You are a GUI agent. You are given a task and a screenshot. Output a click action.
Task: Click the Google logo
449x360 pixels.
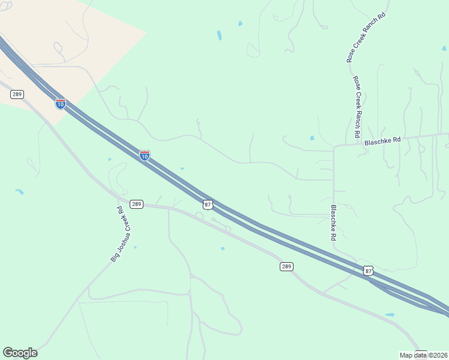[x=20, y=353]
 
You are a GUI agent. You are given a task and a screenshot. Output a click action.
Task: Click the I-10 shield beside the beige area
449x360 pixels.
[x=61, y=104]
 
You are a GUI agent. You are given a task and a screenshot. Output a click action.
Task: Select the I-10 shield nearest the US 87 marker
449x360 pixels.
[x=145, y=155]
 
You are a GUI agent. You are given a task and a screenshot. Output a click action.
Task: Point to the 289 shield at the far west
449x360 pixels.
[x=17, y=94]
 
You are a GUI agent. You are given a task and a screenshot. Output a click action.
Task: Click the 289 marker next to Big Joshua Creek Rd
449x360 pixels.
[x=136, y=204]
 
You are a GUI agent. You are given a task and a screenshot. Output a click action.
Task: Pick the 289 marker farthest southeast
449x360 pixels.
[x=286, y=266]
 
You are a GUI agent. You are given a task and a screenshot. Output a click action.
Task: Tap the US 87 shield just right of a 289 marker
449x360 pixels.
[x=208, y=205]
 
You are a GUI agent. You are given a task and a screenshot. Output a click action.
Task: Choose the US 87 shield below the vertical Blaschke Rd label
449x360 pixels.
[x=368, y=271]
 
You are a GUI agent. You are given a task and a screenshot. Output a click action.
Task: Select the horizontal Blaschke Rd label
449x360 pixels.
[x=382, y=140]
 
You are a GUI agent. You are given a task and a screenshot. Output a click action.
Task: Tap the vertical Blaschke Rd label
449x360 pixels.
[x=333, y=223]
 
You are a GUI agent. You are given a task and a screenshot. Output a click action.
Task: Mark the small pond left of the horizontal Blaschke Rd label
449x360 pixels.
[x=312, y=138]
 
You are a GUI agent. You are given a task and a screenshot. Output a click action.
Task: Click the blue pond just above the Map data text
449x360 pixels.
[x=390, y=314]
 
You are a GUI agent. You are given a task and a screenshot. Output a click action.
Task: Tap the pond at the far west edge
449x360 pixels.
[x=20, y=191]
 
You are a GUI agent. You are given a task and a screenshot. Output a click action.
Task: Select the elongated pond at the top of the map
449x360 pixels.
[x=219, y=35]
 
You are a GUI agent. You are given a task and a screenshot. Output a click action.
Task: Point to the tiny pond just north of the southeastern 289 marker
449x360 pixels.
[x=223, y=248]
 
